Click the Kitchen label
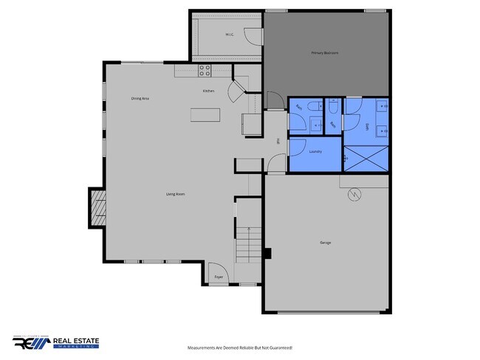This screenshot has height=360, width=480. tap(209, 91)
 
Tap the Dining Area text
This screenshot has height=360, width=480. tap(140, 98)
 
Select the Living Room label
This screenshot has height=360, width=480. tap(175, 194)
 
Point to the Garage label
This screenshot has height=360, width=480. tap(325, 243)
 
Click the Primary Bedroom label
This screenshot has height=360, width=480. tap(325, 53)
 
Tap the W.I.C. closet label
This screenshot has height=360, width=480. tap(230, 35)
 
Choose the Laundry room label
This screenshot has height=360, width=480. tap(315, 152)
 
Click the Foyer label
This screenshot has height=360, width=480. tap(219, 277)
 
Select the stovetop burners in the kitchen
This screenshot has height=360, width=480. tap(205, 71)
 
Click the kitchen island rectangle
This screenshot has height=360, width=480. tap(206, 114)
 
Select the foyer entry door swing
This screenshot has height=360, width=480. tap(215, 269)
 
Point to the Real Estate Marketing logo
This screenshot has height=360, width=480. tap(56, 343)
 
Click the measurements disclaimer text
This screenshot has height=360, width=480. tap(240, 347)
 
